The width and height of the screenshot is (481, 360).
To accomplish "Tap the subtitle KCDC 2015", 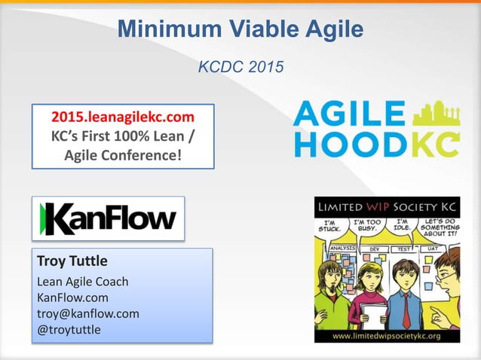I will click(240, 67).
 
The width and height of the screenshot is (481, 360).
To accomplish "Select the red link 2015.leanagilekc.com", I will click(123, 117).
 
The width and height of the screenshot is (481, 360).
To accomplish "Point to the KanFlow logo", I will click(108, 218).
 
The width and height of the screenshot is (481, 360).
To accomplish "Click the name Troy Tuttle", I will click(72, 261).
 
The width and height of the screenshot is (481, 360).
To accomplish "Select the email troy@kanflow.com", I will click(87, 313).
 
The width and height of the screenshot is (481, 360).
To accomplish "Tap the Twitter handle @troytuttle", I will click(69, 329).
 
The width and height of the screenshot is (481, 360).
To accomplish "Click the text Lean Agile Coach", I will click(82, 282).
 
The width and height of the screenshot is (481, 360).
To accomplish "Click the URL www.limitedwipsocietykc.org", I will click(386, 336).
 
